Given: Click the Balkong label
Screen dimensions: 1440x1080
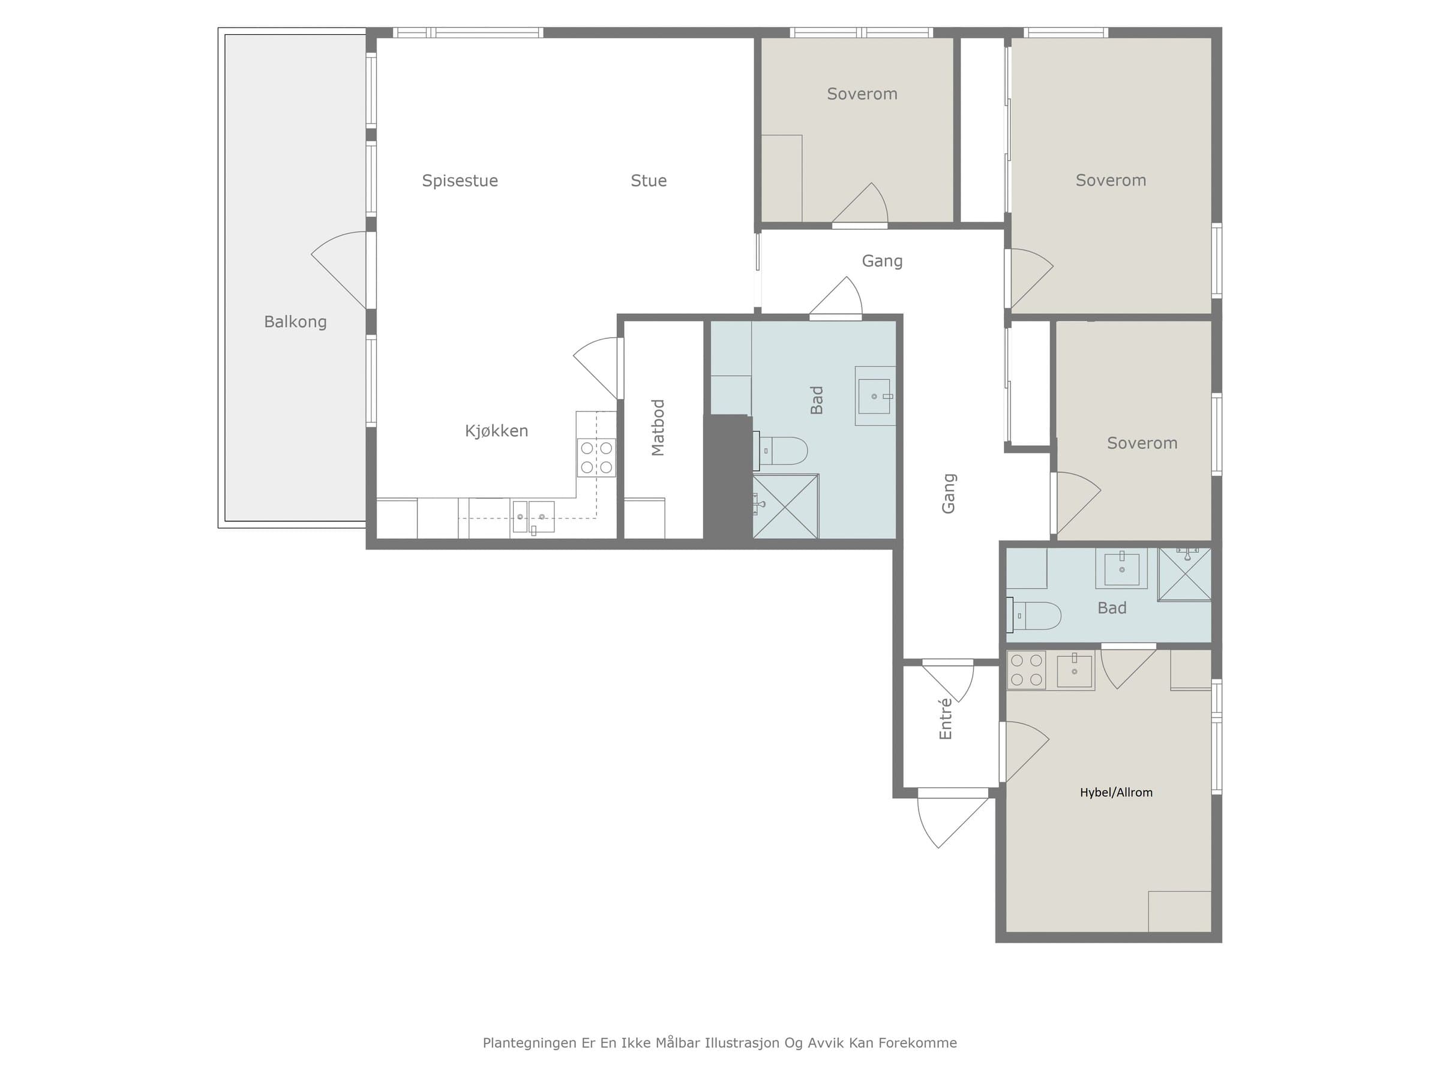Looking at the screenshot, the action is tap(295, 322).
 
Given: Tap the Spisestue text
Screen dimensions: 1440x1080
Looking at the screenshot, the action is tap(460, 181).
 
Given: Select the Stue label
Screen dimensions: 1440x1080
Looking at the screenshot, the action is tap(649, 181).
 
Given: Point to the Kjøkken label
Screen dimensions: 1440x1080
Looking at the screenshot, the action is tap(496, 431).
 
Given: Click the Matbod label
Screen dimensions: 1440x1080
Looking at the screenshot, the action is tap(658, 427).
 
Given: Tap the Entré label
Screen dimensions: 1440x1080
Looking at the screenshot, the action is tap(945, 719).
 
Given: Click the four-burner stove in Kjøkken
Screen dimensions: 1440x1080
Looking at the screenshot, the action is tap(596, 457).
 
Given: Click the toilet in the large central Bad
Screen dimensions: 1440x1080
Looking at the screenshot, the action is tap(781, 451).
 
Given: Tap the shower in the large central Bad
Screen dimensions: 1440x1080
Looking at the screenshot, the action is tap(786, 506).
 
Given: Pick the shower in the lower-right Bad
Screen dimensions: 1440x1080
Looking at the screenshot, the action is tap(1185, 574).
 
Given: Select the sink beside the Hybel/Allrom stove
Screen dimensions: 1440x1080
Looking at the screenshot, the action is tap(1074, 671).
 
